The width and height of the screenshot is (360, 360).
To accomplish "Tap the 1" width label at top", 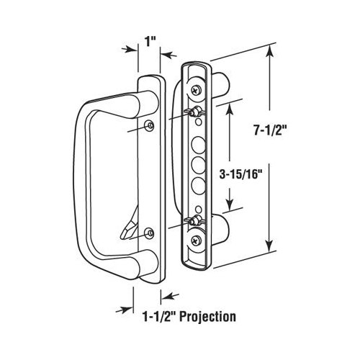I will point(148,41).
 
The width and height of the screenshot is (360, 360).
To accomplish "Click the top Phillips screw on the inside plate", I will point(197,88).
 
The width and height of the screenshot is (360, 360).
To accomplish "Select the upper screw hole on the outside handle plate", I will point(149,127).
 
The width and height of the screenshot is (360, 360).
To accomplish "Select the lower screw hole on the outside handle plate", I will point(148,232).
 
